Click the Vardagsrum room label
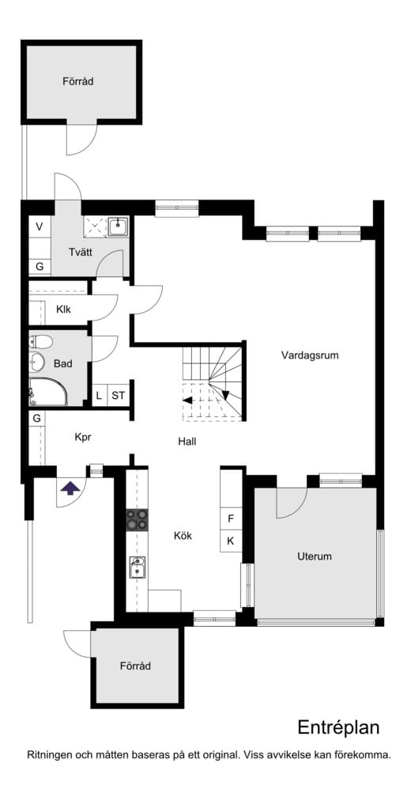310,355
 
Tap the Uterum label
315,556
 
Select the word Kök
183,536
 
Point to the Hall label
187,442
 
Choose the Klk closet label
64,309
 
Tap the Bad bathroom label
63,364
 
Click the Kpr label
85,437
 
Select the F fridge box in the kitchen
231,519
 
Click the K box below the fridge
231,541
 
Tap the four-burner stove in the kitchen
137,519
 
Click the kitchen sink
138,567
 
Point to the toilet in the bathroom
41,342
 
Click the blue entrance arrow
70,488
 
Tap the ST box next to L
118,395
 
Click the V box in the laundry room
39,226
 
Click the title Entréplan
338,727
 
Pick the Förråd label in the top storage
79,81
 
